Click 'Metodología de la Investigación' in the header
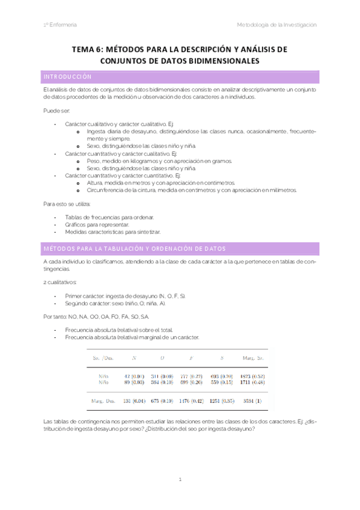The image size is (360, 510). pyautogui.click(x=277, y=25)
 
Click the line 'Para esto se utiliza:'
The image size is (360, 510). pyautogui.click(x=67, y=204)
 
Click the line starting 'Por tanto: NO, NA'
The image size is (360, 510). pyautogui.click(x=96, y=316)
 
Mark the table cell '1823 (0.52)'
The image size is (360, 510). pyautogui.click(x=252, y=376)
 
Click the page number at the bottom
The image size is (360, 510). pyautogui.click(x=180, y=480)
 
